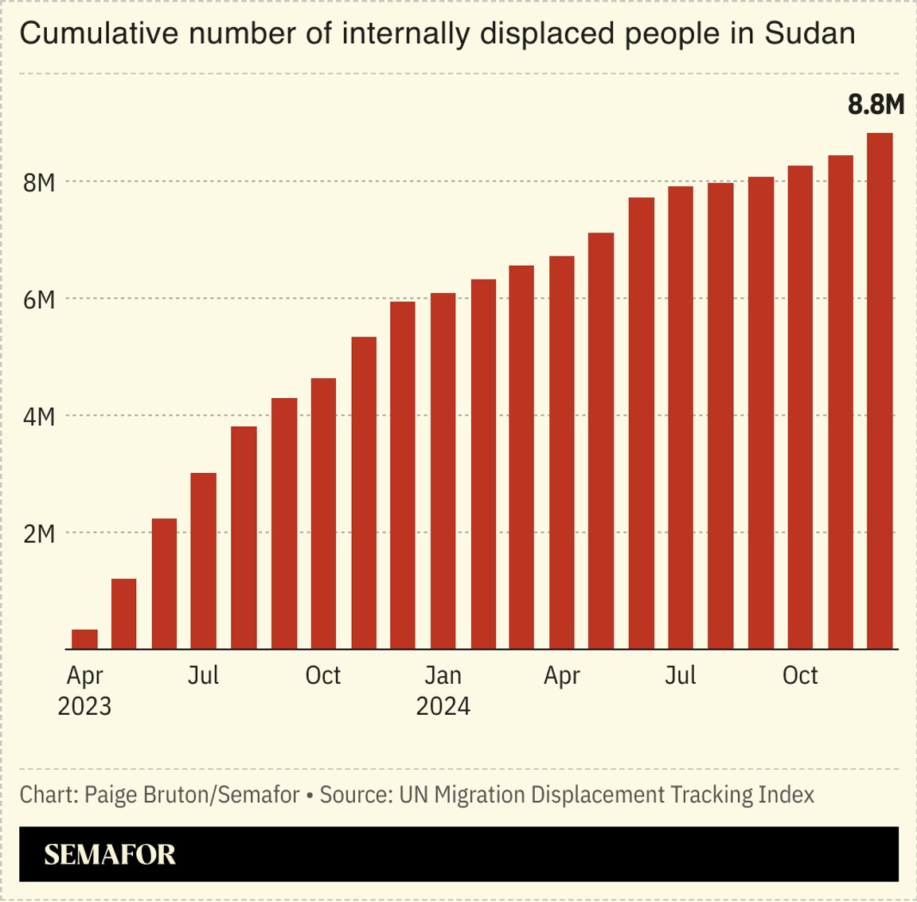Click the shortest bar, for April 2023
84,639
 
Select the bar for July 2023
204,561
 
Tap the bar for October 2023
323,513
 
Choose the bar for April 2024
562,452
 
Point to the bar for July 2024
681,418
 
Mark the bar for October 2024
800,408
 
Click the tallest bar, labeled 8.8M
880,391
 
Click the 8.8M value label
876,104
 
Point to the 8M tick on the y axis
39,182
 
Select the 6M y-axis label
39,299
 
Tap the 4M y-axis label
39,416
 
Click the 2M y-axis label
39,533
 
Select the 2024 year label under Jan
443,706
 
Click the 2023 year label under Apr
84,706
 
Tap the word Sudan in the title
810,33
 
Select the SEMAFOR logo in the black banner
110,854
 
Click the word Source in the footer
354,795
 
